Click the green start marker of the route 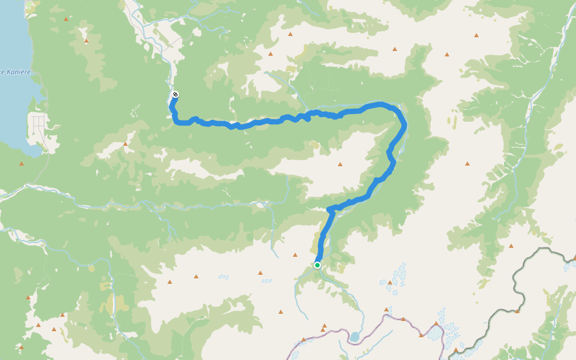pos(317,265)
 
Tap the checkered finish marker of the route pos(175,94)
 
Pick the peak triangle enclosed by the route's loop pos(340,164)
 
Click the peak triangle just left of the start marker pos(296,255)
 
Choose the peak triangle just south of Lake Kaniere pos(22,163)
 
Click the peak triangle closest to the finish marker pos(125,144)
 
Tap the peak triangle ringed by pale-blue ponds pos(389,282)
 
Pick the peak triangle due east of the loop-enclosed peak pos(467,163)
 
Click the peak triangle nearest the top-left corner pos(65,19)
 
